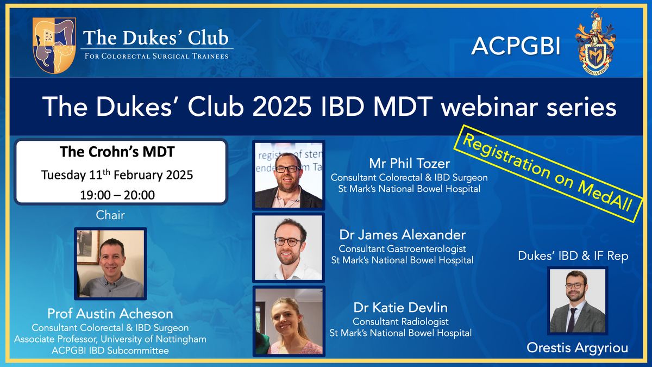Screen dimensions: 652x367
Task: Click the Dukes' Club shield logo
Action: click(54, 45)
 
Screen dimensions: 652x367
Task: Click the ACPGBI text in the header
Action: click(516, 46)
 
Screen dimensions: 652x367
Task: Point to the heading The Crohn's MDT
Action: click(117, 152)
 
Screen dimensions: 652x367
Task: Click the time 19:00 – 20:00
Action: click(117, 195)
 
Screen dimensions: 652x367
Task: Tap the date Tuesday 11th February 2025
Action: click(117, 175)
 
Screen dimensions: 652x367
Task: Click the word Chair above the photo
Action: click(110, 215)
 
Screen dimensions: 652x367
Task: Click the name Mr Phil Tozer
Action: click(409, 164)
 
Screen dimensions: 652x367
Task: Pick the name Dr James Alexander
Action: click(403, 235)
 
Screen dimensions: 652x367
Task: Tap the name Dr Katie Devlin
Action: click(400, 308)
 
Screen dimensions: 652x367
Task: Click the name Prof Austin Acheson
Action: click(110, 314)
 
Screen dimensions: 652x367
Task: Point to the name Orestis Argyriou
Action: click(578, 348)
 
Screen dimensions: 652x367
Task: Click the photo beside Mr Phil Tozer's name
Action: click(289, 175)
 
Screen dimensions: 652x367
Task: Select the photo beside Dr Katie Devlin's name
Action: click(289, 321)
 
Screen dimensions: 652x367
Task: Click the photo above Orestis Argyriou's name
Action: click(578, 301)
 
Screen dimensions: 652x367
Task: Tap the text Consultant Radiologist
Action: click(400, 321)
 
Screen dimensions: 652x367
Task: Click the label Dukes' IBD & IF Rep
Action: click(573, 256)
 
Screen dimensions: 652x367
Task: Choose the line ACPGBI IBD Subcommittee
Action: click(110, 350)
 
